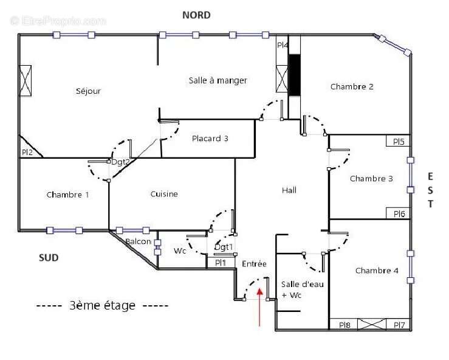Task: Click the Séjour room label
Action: (x=88, y=91)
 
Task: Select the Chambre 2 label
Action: (x=352, y=86)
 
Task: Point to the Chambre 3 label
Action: (x=371, y=179)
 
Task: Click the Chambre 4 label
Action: (x=377, y=271)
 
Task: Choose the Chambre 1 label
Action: (x=67, y=195)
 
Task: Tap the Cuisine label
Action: (x=164, y=194)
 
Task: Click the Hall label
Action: (x=289, y=190)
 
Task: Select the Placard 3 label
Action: (x=210, y=139)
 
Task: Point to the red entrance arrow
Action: (x=260, y=307)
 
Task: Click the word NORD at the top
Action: (x=197, y=15)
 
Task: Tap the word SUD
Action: (x=49, y=258)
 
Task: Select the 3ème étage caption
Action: (x=102, y=305)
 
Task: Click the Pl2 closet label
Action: (x=27, y=153)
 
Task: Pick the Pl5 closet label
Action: (x=399, y=142)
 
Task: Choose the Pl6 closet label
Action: (x=399, y=213)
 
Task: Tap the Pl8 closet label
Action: (x=344, y=325)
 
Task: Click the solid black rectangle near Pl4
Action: (x=295, y=75)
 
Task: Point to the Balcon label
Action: (x=138, y=242)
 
